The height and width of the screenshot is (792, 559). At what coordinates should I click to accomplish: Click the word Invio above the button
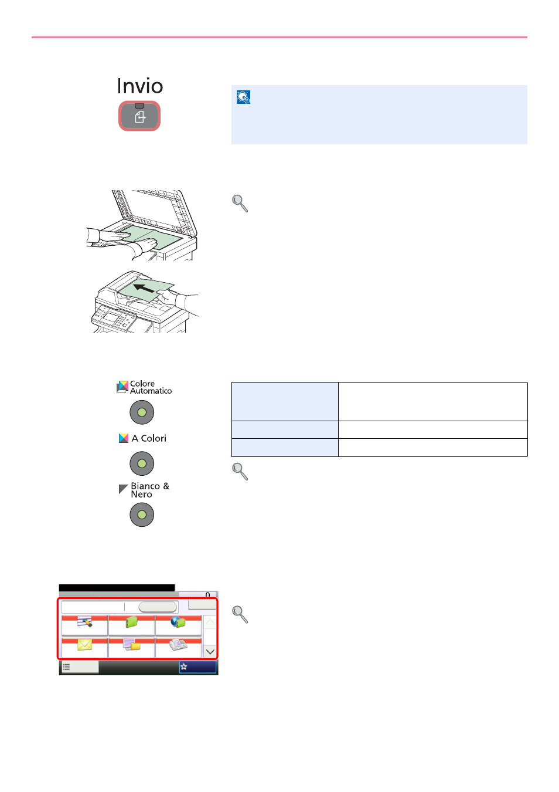coord(140,86)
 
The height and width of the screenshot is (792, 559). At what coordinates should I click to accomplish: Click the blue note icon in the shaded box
coord(243,97)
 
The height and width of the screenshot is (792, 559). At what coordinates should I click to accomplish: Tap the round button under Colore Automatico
coord(142,412)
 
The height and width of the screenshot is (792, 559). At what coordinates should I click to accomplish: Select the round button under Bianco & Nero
coord(142,515)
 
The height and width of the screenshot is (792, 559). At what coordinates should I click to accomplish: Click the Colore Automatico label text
coord(151,387)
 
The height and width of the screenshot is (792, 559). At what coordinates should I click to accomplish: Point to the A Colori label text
coord(149,438)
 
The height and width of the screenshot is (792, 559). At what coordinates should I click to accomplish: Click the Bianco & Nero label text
coord(150,490)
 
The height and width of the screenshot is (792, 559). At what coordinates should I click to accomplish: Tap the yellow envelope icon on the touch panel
coord(84,645)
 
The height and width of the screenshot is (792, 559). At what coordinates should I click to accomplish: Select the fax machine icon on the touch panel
coord(178,645)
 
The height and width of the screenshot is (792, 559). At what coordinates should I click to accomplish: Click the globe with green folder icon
coord(178,622)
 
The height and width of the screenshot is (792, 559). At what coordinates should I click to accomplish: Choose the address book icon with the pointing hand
coord(85,622)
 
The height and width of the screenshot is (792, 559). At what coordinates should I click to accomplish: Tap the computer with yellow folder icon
coord(131,645)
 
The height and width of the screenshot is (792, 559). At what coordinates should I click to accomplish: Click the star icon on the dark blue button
coord(183,667)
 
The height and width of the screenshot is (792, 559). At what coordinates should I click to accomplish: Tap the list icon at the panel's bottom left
coord(66,667)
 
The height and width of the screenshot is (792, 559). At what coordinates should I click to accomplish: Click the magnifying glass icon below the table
coord(240,472)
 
